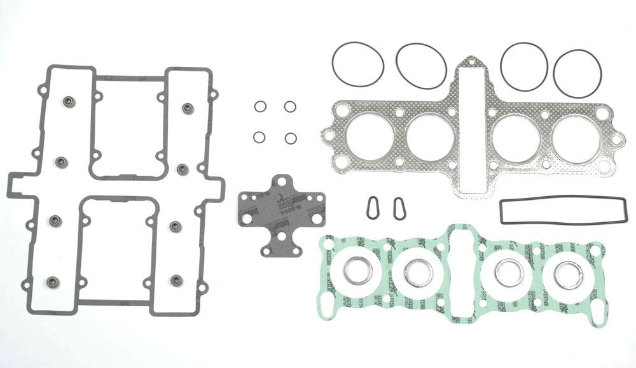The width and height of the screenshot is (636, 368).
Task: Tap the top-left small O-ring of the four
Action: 259,106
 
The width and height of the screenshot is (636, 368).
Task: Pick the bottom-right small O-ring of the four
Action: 290,138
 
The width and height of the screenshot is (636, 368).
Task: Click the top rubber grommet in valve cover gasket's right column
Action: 187,108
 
